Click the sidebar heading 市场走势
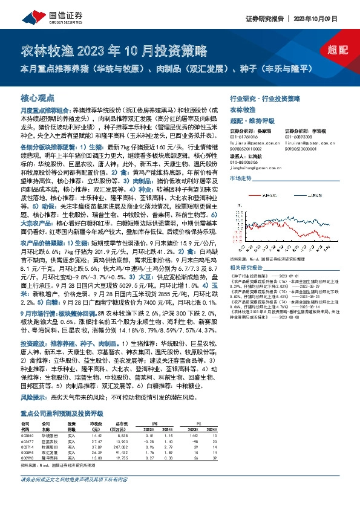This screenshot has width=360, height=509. coord(240,179)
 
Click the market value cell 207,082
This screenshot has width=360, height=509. coord(120,447)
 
